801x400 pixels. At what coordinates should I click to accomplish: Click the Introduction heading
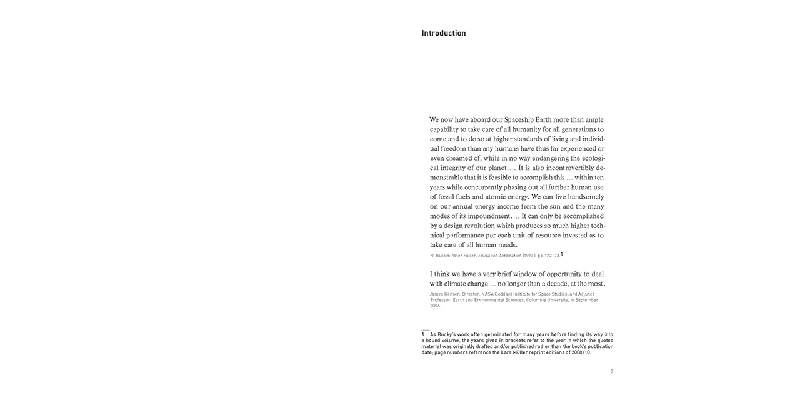(x=444, y=33)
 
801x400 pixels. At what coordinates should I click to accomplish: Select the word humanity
(x=526, y=129)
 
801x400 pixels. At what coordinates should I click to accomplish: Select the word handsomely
(x=582, y=197)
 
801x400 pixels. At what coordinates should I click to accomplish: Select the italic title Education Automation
(x=499, y=256)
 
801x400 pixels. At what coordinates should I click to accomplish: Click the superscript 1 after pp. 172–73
(x=562, y=254)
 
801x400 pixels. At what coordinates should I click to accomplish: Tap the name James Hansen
(x=444, y=294)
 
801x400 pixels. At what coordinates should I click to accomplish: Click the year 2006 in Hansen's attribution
(x=435, y=306)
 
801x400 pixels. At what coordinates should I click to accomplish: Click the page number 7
(x=612, y=372)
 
